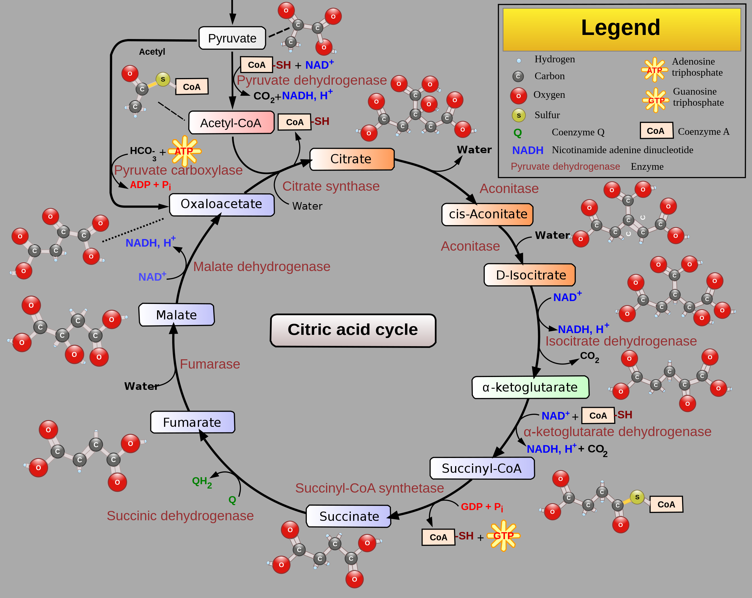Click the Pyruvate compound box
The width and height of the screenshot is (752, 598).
coord(232,38)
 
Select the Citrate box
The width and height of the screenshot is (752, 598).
coord(352,159)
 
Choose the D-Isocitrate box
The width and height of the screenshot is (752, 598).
coord(529,275)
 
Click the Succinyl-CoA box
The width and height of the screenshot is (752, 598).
coord(482,468)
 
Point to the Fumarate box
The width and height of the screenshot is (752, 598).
coord(193,422)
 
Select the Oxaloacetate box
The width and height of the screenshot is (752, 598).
coord(221,204)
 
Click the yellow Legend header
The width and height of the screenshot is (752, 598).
coord(621,29)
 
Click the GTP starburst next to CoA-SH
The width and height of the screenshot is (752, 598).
coord(503,536)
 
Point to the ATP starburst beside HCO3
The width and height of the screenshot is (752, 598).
coord(184,151)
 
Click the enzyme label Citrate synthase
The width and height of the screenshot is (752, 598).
coord(331,186)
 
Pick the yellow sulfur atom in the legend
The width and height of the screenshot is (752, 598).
coord(519,115)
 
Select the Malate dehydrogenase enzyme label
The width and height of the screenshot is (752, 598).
coord(262,267)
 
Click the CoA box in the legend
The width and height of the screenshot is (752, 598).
coord(656,131)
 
